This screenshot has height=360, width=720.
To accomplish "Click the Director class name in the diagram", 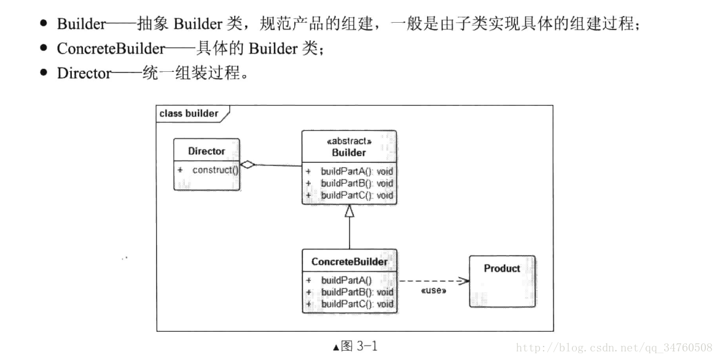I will point(206,151).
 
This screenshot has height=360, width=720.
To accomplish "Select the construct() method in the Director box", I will point(214,170).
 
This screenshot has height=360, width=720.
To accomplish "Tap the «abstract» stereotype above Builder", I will point(349,141).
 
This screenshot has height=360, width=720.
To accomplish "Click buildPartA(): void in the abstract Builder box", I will point(356,171).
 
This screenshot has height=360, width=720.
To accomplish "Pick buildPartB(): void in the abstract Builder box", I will point(356,183).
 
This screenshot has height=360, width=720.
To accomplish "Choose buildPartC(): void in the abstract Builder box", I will point(356,195).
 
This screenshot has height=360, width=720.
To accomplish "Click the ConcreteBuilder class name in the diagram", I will point(349,262).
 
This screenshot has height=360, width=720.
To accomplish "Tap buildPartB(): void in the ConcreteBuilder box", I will point(356,292).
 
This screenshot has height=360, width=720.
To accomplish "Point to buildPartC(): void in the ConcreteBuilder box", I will point(356,304).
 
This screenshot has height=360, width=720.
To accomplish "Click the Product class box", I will point(502,281).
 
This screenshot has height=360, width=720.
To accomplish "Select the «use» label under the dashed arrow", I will point(433,290).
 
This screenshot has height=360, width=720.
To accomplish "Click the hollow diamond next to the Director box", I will point(248,164).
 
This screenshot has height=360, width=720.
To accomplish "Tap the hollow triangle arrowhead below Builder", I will point(350,211).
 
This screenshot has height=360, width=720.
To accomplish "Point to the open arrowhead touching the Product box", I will point(464,281).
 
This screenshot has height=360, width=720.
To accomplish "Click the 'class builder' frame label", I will point(189,113).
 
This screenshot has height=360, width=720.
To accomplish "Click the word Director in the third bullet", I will point(84,74).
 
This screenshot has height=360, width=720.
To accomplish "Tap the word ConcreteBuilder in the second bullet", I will point(111,49).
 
